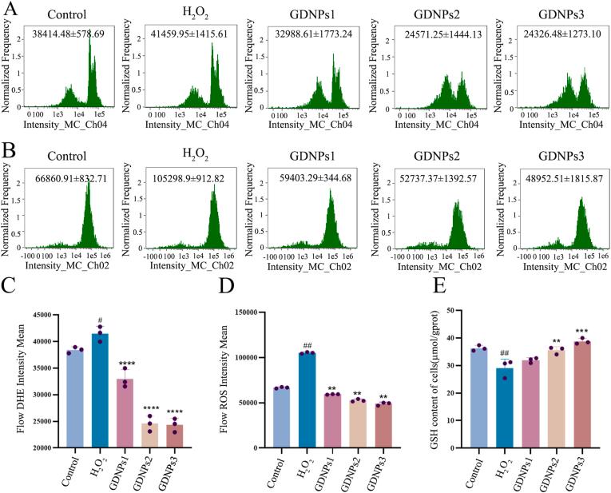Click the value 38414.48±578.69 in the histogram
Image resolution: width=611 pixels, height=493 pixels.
pos(79,35)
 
